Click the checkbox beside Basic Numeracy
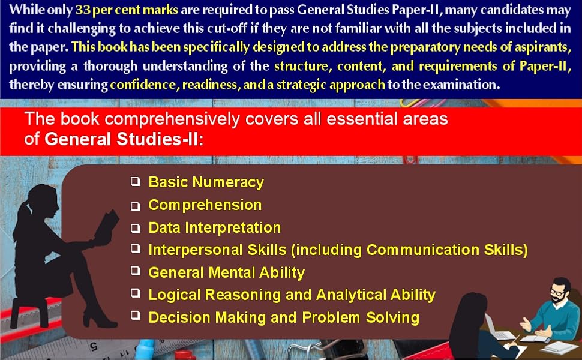click(x=136, y=181)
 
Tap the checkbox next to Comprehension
click(x=136, y=206)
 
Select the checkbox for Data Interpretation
click(x=136, y=228)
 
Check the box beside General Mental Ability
click(x=136, y=271)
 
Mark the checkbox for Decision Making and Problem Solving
click(x=136, y=316)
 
